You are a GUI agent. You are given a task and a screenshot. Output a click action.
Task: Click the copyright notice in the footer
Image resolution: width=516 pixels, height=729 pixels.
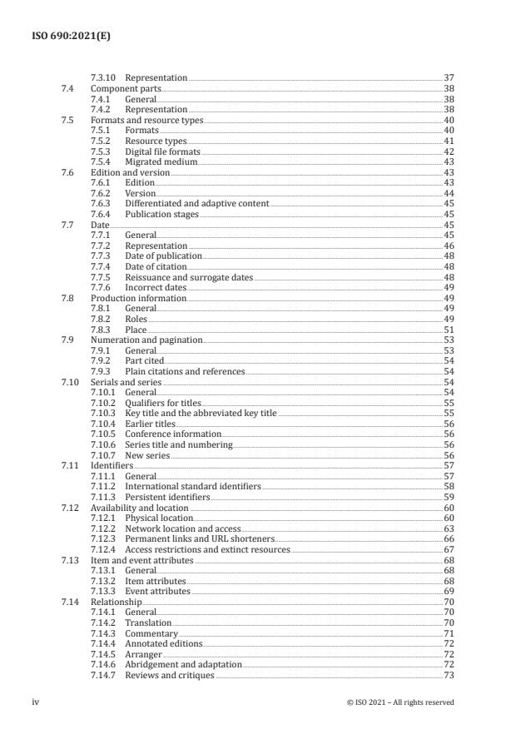pyautogui.click(x=399, y=702)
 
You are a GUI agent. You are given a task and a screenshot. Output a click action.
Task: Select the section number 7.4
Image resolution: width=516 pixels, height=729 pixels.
pyautogui.click(x=69, y=88)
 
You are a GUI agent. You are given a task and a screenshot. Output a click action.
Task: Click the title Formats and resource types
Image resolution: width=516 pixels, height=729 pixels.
pyautogui.click(x=146, y=121)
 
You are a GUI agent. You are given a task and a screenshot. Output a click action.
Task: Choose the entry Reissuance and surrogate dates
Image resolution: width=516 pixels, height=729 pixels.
pyautogui.click(x=189, y=277)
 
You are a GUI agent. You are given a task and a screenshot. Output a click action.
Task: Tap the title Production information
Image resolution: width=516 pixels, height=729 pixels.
pyautogui.click(x=138, y=298)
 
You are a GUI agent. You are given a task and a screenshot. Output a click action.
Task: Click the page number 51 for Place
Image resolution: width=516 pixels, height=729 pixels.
pyautogui.click(x=448, y=330)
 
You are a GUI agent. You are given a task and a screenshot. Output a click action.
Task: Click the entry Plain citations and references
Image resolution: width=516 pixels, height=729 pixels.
pyautogui.click(x=185, y=372)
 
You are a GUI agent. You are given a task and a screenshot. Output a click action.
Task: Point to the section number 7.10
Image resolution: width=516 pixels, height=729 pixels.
pyautogui.click(x=71, y=382)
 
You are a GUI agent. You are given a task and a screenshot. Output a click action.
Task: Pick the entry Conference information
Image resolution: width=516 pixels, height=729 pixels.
pyautogui.click(x=173, y=434)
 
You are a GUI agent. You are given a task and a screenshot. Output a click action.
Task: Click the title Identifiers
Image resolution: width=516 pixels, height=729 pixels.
pyautogui.click(x=112, y=466)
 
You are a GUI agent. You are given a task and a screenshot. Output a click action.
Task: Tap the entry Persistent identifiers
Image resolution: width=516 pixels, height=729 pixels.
pyautogui.click(x=167, y=498)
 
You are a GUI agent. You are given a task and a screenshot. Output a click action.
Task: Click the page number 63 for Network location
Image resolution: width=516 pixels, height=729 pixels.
pyautogui.click(x=448, y=529)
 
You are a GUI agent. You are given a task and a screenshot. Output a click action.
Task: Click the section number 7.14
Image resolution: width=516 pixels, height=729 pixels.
pyautogui.click(x=71, y=603)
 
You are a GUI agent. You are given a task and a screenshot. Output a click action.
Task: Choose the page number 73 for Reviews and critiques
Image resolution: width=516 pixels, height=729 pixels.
pyautogui.click(x=448, y=676)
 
